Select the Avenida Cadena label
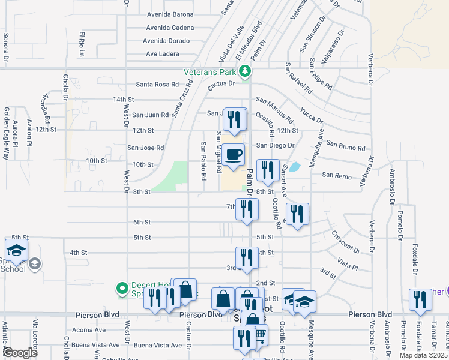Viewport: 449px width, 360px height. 169,28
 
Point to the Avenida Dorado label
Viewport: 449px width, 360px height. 166,41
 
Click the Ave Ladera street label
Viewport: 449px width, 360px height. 163,54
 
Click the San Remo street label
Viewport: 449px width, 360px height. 336,175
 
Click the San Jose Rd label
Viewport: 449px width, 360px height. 145,148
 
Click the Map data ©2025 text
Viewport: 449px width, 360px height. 424,355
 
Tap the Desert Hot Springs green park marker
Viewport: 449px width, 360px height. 123,289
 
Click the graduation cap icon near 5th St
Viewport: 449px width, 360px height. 17,250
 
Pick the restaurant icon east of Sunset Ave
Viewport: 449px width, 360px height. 297,214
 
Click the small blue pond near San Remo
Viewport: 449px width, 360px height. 295,167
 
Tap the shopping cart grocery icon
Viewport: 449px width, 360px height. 260,334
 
